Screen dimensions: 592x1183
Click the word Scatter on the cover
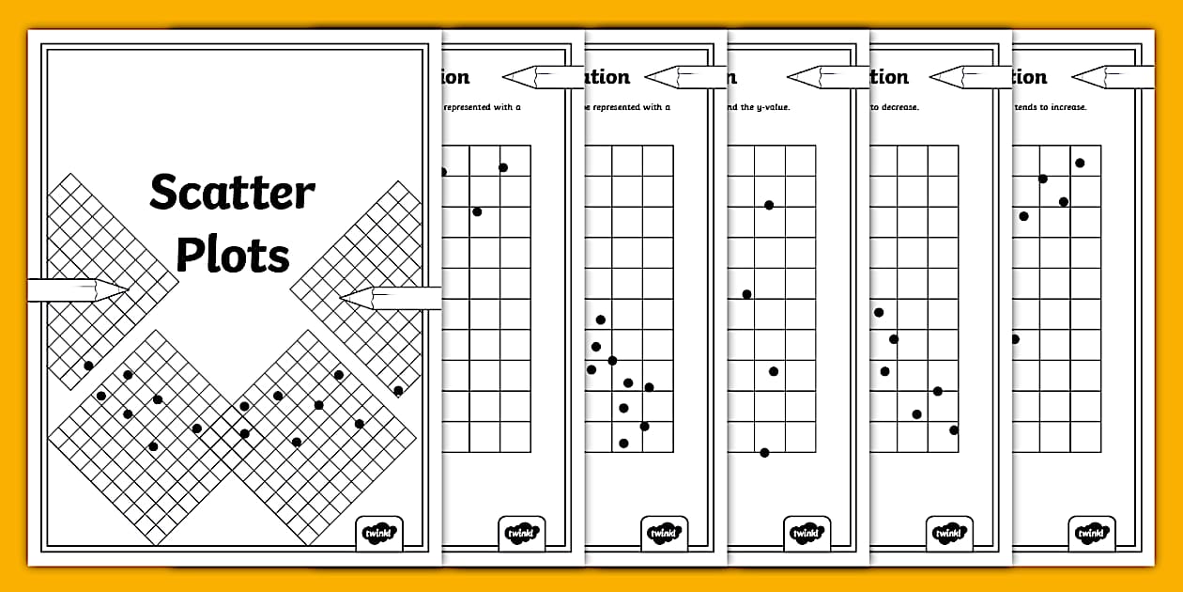[x=232, y=194]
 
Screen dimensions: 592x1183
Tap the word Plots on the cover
[x=233, y=255]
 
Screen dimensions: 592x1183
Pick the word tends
[x=1028, y=107]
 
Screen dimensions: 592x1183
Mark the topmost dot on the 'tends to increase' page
[x=1080, y=163]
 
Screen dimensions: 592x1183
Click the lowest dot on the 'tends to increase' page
[x=1014, y=338]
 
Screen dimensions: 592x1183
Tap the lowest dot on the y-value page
[x=764, y=453]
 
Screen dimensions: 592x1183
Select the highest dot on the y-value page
[x=769, y=205]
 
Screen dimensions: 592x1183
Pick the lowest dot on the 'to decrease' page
[x=954, y=430]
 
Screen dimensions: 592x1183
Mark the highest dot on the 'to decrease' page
[x=879, y=312]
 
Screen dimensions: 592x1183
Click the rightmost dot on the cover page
[x=398, y=391]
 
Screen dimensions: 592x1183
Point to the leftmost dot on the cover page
[x=88, y=366]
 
